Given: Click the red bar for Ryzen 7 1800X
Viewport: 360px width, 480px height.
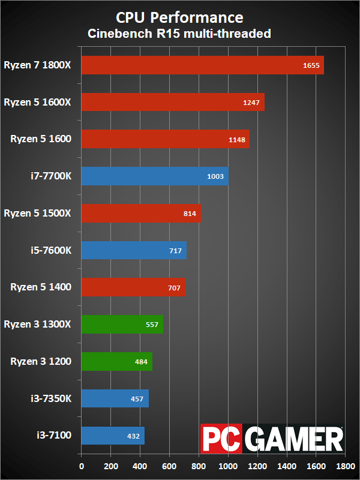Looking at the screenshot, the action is point(203,65).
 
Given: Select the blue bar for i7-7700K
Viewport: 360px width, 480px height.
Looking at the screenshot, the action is point(155,176).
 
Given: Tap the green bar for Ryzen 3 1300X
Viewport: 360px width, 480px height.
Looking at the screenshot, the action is point(122,324).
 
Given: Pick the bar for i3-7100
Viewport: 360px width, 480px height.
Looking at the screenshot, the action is point(113,436).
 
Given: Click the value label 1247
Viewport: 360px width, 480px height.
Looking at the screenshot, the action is point(251,103).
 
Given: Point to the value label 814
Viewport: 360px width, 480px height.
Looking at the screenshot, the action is point(190,214).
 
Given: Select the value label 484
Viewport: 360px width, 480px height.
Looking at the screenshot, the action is point(141,362).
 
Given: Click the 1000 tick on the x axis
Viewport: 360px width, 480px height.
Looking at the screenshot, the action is point(228,466).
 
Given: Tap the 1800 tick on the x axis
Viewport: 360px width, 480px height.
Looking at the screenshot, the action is point(346,466).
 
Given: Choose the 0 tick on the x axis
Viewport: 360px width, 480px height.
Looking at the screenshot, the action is point(82,466).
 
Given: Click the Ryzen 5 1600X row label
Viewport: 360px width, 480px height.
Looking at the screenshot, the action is point(37,102).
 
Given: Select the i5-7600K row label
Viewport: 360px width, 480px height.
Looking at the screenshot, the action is point(51,250).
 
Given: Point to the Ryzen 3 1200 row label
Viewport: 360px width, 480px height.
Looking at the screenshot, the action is point(41,362).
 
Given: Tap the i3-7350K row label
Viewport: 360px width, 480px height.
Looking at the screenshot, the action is point(51,398).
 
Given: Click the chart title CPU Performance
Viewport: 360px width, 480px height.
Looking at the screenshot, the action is point(179,18).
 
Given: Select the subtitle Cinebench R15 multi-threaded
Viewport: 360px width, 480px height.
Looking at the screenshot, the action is point(179,34).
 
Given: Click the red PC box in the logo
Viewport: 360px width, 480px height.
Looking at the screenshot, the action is point(221,439).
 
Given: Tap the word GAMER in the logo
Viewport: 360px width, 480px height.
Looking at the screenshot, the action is point(293,439).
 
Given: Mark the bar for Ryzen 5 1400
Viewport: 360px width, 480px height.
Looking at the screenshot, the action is point(133,287).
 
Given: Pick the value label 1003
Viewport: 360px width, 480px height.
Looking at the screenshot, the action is point(215,176).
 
